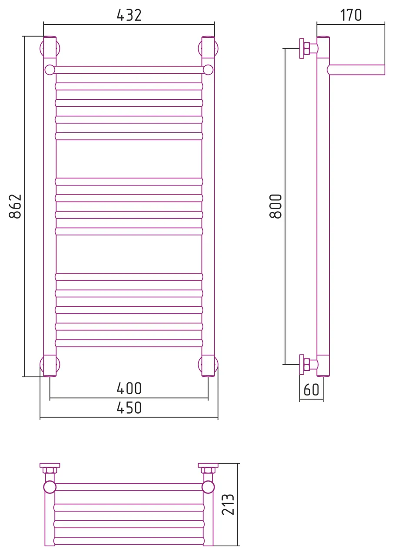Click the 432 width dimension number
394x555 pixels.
pyautogui.click(x=129, y=15)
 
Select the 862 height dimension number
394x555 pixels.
pyautogui.click(x=15, y=206)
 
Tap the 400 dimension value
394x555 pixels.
pyautogui.click(x=129, y=388)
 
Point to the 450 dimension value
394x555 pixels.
pyautogui.click(x=129, y=408)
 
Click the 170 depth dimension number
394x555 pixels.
pyautogui.click(x=351, y=15)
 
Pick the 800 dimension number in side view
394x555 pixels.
pyautogui.click(x=275, y=206)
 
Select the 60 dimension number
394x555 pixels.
pyautogui.click(x=311, y=390)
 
